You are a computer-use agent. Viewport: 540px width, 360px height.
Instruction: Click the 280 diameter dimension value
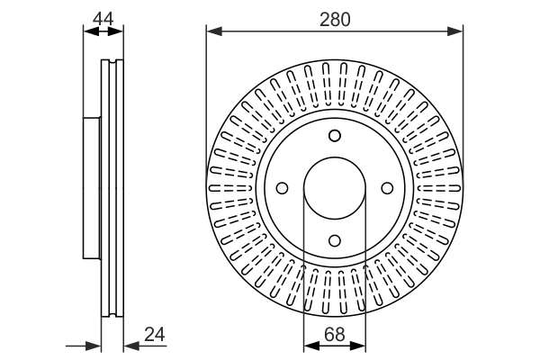point(335,18)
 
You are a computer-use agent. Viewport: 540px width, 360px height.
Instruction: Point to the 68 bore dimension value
point(335,335)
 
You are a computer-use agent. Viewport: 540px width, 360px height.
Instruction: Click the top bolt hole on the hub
point(335,136)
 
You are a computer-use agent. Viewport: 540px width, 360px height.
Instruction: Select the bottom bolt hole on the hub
point(335,240)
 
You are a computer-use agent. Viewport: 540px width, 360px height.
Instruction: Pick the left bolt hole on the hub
point(282,188)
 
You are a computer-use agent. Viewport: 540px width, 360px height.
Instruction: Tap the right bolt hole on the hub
point(388,188)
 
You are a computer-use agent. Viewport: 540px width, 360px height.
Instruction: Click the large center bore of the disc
point(335,188)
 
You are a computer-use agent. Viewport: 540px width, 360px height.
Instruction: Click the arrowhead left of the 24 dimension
point(94,345)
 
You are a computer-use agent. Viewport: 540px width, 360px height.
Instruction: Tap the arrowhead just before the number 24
point(129,345)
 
